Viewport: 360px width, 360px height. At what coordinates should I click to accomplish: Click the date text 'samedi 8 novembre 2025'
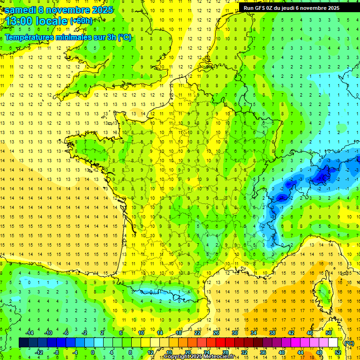coord(59,10)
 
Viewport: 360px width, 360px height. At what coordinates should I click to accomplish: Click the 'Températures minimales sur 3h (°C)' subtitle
coord(68,37)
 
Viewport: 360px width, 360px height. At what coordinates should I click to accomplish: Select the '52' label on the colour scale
coord(337,352)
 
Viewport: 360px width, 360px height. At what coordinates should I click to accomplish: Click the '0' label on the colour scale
coord(93,352)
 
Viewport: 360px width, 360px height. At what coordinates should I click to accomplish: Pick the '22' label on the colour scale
coord(197,333)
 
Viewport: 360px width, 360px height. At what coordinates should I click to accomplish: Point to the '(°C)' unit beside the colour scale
coord(349,343)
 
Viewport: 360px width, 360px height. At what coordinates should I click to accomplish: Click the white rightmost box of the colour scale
coord(333,343)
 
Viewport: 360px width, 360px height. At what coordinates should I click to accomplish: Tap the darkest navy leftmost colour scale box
coord(23,343)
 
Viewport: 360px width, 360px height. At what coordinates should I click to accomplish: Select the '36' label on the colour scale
coord(262,352)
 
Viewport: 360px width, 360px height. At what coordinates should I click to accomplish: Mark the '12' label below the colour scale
coord(150,352)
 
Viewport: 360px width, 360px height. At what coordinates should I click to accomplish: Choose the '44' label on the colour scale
coord(300,352)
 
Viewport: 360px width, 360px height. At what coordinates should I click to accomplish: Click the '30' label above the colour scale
coord(235,333)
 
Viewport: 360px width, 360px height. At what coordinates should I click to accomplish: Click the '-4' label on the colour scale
coord(75,352)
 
